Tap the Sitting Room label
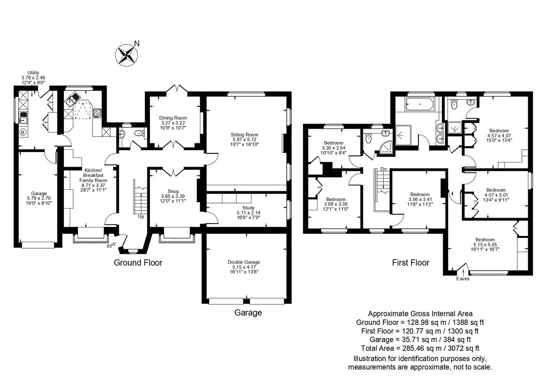[x=245, y=135]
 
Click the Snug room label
[x=172, y=191]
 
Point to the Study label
[x=248, y=208]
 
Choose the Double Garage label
[x=244, y=262]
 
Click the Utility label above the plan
[x=33, y=73]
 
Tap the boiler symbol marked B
[x=22, y=133]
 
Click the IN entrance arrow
[x=111, y=246]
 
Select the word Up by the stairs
[x=141, y=217]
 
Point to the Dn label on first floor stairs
[x=383, y=169]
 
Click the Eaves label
[x=463, y=278]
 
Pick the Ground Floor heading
[x=138, y=262]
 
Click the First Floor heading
[x=411, y=263]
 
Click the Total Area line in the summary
[x=420, y=348]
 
